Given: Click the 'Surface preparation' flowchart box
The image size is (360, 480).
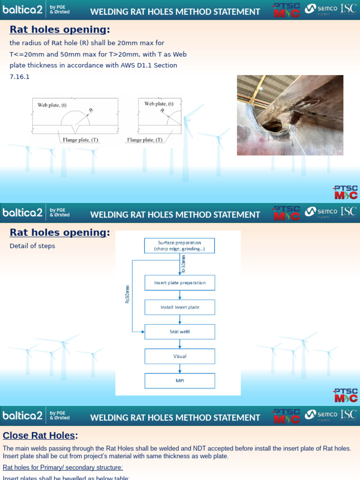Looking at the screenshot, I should pos(180,246).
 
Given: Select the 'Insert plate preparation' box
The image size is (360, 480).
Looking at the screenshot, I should pos(180,283).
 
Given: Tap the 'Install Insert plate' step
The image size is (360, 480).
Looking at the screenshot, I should pos(180,307).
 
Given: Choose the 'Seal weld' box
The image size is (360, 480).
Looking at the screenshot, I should pos(180,331).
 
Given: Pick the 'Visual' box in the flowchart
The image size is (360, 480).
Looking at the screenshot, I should pos(180,356).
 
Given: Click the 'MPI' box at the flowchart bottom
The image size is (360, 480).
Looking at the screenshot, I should pos(180,381).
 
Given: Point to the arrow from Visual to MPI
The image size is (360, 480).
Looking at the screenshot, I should pos(180,368).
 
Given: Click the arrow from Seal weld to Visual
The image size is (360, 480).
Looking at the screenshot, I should pos(180,344).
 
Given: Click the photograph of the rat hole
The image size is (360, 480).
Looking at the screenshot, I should pos(290,115).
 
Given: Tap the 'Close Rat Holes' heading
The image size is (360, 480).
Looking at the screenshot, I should pos(39,435).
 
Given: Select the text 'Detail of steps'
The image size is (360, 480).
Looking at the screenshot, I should pos(32,246).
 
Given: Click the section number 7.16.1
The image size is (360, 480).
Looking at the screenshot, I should pos(20,77).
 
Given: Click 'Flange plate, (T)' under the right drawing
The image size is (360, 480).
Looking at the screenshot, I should pos(145,140).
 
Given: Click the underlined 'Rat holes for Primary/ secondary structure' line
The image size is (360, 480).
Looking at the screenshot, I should pos(63,467).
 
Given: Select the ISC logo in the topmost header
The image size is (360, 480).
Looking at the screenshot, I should pos(348,8).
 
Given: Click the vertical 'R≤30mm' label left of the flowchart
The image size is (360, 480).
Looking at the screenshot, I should pos(127,294).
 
